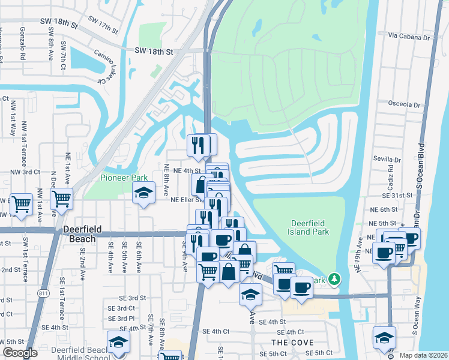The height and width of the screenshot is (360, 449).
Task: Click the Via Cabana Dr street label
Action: tap(409, 37)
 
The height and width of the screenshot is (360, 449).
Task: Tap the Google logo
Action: tap(20, 353)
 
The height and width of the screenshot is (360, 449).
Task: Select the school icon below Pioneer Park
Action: tap(143, 193)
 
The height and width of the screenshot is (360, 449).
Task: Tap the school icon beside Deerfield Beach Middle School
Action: tap(119, 342)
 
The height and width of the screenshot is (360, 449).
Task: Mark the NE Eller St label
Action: tap(185, 200)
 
